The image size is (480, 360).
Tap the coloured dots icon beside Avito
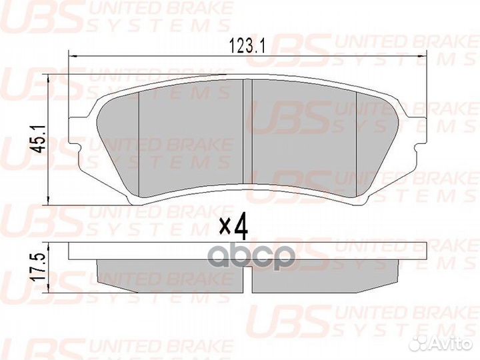(421, 343)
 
